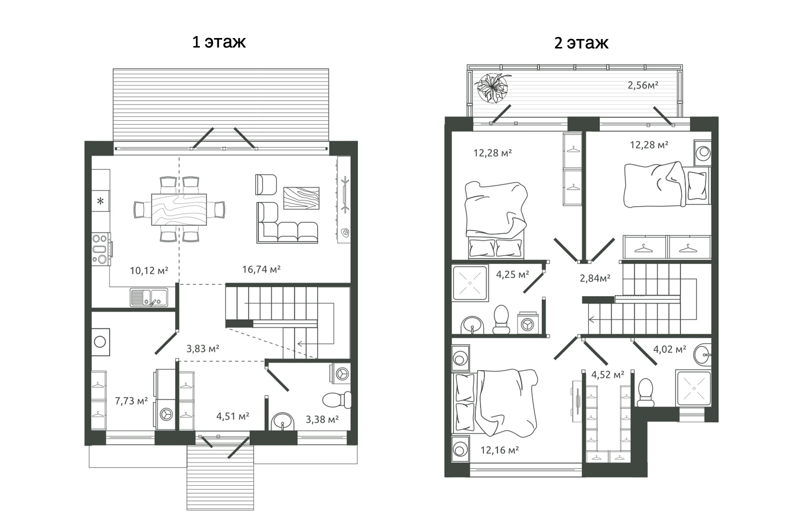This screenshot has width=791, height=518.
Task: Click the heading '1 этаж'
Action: (219, 42)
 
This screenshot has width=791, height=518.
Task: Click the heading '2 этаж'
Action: (581, 43)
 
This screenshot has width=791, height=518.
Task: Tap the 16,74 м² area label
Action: (261, 269)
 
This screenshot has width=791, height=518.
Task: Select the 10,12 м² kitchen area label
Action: (149, 271)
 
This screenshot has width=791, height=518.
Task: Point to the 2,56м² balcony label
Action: (643, 85)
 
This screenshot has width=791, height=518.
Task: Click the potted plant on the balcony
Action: (492, 87)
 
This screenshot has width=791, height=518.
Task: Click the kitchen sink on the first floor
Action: (149, 297)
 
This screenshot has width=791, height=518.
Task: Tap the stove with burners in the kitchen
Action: (101, 249)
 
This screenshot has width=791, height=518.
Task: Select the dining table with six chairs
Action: (179, 209)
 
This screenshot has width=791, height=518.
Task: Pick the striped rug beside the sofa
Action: (301, 198)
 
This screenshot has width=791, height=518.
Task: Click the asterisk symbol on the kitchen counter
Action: (101, 201)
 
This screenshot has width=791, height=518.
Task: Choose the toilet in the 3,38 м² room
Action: (337, 400)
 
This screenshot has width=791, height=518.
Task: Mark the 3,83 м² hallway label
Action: (203, 349)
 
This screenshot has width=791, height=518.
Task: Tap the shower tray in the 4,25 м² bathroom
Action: (470, 283)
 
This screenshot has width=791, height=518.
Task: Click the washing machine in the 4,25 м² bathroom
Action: (527, 323)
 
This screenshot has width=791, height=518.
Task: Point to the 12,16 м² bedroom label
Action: (499, 450)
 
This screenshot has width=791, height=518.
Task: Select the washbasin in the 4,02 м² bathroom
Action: (702, 354)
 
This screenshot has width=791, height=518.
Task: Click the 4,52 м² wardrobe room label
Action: (607, 374)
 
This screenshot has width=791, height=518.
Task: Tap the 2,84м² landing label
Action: (595, 278)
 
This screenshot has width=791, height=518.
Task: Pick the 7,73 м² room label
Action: (132, 401)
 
